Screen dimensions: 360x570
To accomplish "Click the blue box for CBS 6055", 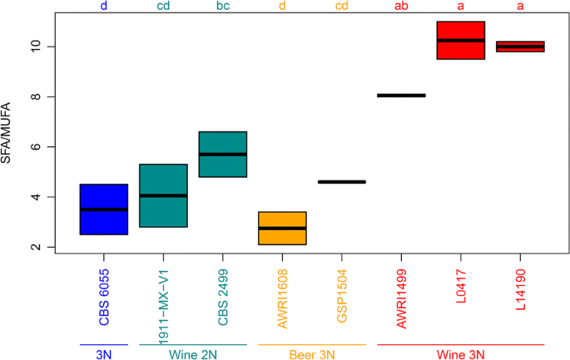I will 103,210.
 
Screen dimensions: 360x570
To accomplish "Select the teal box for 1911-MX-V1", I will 163,195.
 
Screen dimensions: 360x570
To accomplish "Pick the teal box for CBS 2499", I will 222,155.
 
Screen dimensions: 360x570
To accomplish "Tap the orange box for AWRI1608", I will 282,228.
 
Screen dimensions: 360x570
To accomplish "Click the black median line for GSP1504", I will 341,181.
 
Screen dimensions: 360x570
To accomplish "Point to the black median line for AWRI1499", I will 401,96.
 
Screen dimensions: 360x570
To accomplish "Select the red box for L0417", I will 460,41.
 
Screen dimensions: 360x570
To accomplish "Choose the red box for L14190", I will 520,47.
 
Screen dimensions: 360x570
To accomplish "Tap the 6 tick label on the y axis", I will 37,147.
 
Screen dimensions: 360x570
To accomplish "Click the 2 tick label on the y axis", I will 37,247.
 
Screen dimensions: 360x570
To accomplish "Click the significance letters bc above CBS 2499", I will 222,7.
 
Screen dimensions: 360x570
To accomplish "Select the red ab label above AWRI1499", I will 401,7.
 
